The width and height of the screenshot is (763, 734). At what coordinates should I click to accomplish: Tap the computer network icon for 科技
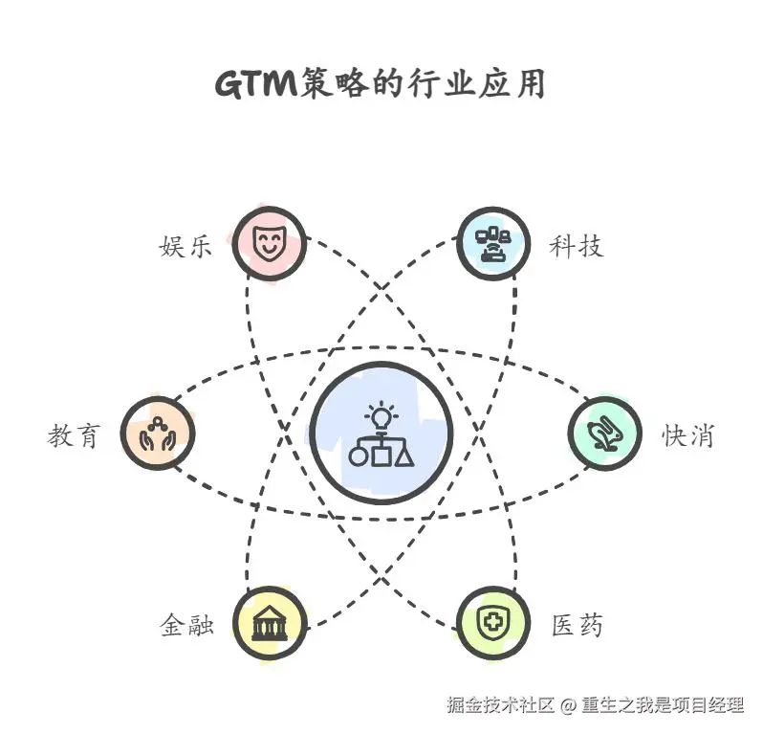[x=493, y=243]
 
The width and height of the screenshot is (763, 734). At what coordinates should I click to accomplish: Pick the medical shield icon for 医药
[x=493, y=625]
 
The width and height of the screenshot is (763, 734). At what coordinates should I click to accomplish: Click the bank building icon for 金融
[x=271, y=625]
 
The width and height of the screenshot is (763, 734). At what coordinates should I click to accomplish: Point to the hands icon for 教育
[x=158, y=433]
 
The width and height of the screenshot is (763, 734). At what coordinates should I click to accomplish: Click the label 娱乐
[x=185, y=246]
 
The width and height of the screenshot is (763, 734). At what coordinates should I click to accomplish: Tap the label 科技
[x=576, y=246]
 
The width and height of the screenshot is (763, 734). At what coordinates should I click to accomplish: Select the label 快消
[x=687, y=435]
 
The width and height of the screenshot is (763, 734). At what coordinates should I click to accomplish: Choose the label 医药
[x=577, y=627]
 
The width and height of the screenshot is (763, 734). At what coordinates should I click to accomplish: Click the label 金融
[x=185, y=627]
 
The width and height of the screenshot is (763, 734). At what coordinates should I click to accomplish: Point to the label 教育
[x=74, y=435]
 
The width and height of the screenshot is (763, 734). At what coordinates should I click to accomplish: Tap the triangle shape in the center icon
[x=405, y=455]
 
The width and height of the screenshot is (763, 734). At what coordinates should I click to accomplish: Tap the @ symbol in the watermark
[x=568, y=706]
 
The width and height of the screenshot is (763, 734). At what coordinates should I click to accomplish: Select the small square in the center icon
[x=381, y=455]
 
